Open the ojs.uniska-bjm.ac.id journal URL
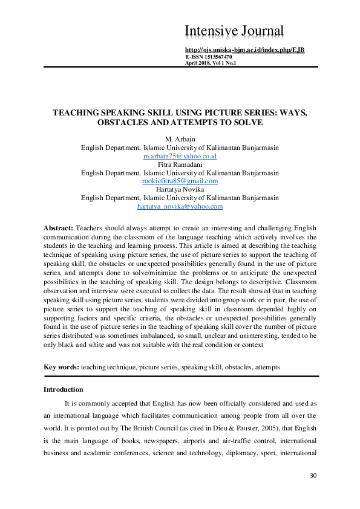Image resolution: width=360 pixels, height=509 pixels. click(244, 49)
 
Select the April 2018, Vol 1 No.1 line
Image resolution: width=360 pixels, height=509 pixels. click(210, 63)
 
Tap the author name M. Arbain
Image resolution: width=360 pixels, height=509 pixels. click(180, 140)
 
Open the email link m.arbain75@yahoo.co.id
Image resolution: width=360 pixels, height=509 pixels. click(180, 156)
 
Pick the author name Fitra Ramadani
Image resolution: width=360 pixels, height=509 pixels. click(180, 164)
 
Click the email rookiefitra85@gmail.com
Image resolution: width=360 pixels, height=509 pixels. click(180, 181)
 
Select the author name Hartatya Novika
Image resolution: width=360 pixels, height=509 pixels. click(180, 189)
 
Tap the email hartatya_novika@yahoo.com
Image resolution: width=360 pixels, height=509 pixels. click(180, 206)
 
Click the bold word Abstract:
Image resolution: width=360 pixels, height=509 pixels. click(59, 228)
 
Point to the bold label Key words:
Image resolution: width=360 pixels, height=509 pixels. click(61, 367)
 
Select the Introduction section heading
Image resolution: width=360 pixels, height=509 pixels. click(64, 389)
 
